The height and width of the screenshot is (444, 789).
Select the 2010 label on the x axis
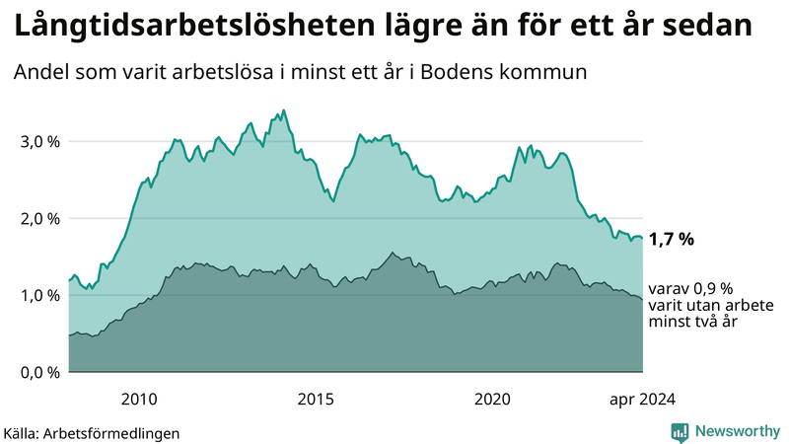coord(139,399)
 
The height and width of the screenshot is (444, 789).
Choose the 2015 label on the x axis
coord(316,399)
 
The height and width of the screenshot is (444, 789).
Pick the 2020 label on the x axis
coord(492,399)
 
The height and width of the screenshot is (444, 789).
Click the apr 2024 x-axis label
coord(641,399)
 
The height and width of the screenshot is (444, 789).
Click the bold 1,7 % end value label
coord(672,239)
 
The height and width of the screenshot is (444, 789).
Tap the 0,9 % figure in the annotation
coord(712,289)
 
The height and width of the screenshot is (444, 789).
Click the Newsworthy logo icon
coord(680,431)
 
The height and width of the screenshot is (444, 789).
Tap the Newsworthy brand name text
coord(737,431)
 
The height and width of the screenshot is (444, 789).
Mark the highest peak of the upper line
coord(284,111)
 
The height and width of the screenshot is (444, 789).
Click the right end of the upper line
coord(642,238)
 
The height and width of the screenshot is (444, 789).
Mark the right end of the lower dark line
coord(642,299)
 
